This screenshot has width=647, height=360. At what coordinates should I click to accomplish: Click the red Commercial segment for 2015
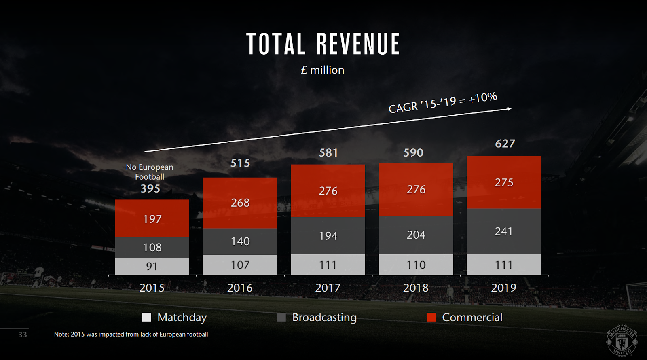[x=152, y=218]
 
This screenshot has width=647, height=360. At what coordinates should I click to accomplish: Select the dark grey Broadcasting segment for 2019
[x=503, y=231]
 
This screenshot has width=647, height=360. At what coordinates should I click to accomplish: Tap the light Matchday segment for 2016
[x=240, y=265]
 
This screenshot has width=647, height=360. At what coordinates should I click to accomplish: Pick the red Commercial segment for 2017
[x=328, y=191]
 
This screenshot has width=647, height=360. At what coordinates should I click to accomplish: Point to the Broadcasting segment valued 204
[x=416, y=235]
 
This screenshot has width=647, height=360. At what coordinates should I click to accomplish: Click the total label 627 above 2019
[x=505, y=144]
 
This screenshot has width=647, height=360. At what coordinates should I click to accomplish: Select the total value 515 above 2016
[x=240, y=163]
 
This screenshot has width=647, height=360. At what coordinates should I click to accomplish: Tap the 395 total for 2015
[x=150, y=188]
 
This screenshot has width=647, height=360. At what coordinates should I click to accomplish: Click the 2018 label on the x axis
[x=416, y=288]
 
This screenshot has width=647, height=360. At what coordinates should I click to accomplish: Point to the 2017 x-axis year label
[x=328, y=288]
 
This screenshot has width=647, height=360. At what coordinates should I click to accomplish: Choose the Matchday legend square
[x=147, y=317]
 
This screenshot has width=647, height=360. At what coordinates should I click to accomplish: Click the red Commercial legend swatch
[x=431, y=317]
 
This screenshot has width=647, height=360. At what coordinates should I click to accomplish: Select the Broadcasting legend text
[x=324, y=317]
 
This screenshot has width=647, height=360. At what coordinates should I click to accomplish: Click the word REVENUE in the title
[x=358, y=44]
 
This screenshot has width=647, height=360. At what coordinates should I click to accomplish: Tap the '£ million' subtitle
[x=322, y=70]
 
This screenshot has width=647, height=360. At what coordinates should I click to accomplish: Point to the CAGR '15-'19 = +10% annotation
[x=443, y=103]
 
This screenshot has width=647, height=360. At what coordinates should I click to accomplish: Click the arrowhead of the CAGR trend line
[x=510, y=109]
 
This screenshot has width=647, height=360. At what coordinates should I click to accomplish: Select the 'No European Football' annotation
[x=150, y=172]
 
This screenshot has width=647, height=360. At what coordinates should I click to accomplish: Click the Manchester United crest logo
[x=622, y=341]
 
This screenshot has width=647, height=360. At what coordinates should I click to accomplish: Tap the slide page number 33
[x=23, y=335]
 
